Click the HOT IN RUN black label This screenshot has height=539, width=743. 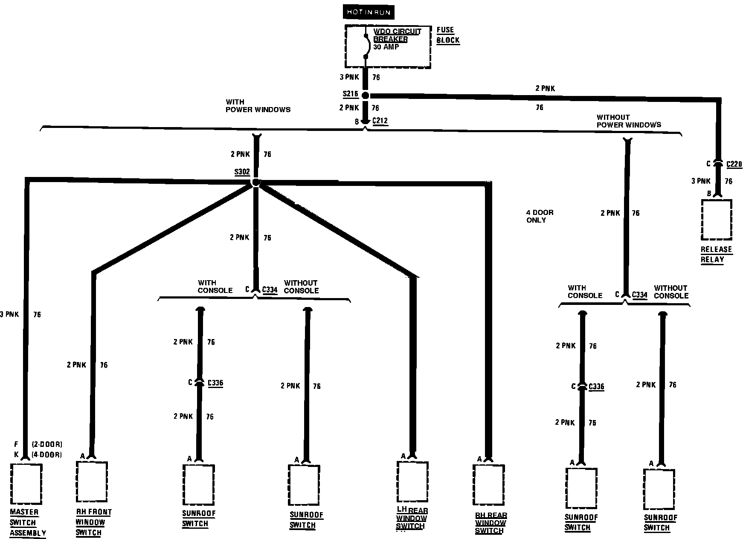(x=368, y=12)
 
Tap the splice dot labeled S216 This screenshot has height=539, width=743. (x=365, y=96)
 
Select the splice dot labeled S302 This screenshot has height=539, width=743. (x=255, y=183)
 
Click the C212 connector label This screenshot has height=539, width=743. (x=380, y=121)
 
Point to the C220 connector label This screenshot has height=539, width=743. (x=734, y=164)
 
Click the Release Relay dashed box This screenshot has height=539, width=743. (x=717, y=220)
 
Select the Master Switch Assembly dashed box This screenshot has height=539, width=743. (x=26, y=484)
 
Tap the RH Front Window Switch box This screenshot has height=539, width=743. (x=92, y=482)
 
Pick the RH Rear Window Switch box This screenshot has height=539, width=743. (x=489, y=484)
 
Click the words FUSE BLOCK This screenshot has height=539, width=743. (x=448, y=35)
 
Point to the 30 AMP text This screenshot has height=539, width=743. (x=386, y=47)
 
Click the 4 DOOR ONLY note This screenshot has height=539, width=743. (x=539, y=216)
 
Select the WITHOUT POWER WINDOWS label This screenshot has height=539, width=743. (x=628, y=121)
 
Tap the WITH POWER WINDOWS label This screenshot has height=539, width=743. (x=258, y=106)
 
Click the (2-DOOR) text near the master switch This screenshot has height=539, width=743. (x=47, y=444)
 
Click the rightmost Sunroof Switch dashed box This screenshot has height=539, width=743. (x=659, y=490)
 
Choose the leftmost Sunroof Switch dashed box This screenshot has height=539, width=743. (x=198, y=484)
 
